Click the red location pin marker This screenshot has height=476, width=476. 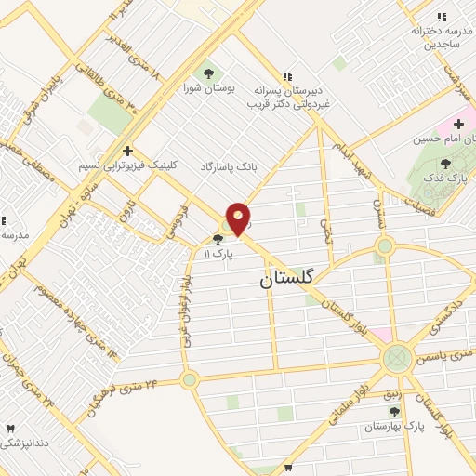238,219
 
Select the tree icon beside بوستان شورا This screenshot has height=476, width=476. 207,73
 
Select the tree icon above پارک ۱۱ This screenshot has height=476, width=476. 218,239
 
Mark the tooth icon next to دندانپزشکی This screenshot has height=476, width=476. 11,429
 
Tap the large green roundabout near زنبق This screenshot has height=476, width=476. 397,357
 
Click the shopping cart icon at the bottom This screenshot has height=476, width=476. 288,466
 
